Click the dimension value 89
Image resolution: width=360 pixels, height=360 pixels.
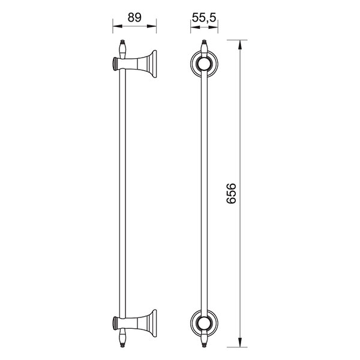(x=134, y=17)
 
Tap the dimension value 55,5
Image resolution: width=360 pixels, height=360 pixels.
(x=204, y=17)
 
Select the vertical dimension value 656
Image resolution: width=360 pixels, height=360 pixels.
(x=231, y=193)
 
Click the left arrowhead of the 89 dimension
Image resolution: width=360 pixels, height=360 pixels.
(x=118, y=26)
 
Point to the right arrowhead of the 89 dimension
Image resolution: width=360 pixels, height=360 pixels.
(x=152, y=26)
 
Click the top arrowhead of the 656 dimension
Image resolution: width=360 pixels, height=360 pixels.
(x=240, y=44)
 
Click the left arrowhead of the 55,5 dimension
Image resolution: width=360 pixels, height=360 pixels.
(x=195, y=27)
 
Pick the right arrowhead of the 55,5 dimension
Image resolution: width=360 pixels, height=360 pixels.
(x=213, y=27)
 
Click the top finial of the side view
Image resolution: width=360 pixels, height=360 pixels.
(x=123, y=49)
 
